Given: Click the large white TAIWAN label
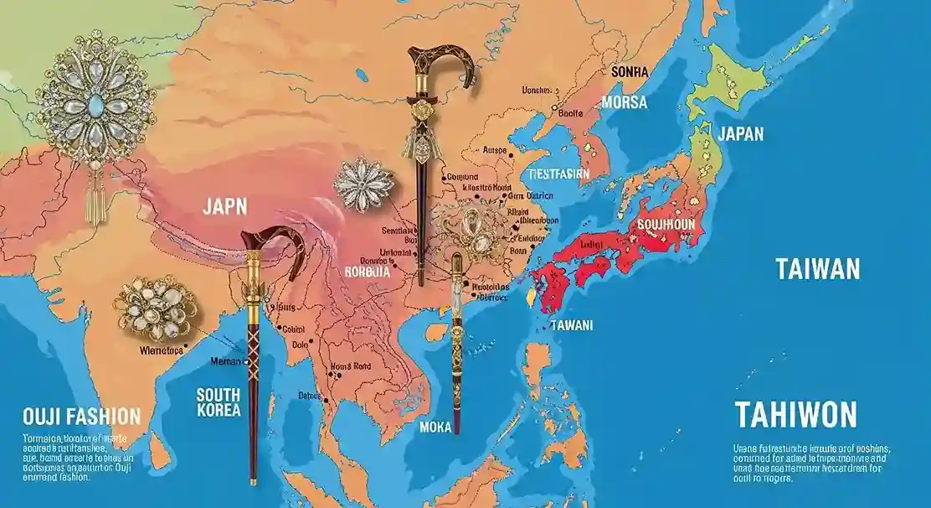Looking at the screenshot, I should coord(817,270).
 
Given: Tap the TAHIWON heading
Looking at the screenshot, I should coord(795,414).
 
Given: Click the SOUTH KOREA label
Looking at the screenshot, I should coord(219,402).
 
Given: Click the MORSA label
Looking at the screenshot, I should coord(624,102).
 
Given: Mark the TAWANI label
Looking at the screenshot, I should coord(571,324).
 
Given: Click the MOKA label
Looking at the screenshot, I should coord(435,428).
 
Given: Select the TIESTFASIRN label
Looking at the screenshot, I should coord(559,174).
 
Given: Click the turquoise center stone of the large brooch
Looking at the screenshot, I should coord(95,101).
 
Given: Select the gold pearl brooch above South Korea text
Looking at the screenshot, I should coord(155,308).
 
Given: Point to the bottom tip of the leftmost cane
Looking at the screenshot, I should coord(253,481).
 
